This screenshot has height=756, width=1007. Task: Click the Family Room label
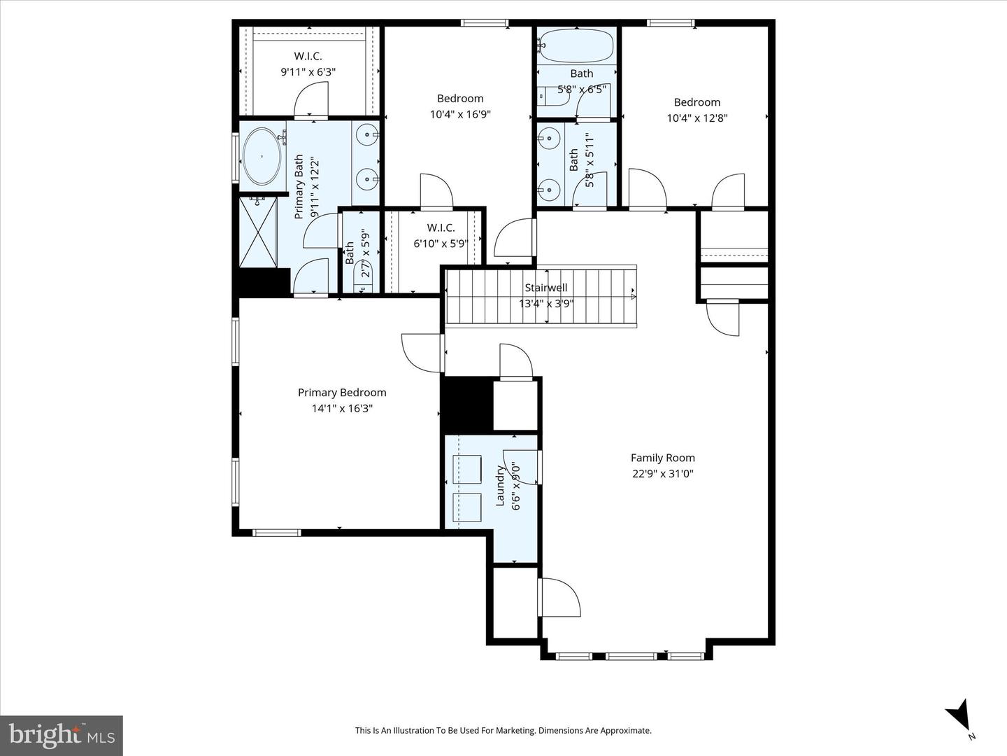pos(662,458)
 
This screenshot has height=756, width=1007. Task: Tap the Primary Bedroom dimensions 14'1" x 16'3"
pos(342,408)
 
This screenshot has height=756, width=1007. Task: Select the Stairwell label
pos(546,288)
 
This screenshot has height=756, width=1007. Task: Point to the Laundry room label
pos(500,485)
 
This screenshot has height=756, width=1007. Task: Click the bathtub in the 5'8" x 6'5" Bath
pos(576,46)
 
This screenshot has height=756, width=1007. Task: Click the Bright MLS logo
pos(62,735)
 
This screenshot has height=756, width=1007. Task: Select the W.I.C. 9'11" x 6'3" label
pos(308,56)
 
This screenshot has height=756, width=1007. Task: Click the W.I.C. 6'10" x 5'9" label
pos(441,227)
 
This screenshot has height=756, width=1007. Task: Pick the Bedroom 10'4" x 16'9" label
pos(460,99)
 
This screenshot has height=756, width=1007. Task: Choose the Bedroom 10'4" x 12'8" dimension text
pos(697,118)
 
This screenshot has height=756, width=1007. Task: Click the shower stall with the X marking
pos(258,232)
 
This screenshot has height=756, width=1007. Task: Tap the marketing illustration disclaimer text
pos(503,730)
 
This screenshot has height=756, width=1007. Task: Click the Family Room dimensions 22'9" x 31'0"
pos(662,474)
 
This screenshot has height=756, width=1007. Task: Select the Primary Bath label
pos(299,186)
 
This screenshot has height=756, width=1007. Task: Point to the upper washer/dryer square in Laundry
pos(467,469)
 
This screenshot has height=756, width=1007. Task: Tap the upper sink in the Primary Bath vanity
pos(366,134)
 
